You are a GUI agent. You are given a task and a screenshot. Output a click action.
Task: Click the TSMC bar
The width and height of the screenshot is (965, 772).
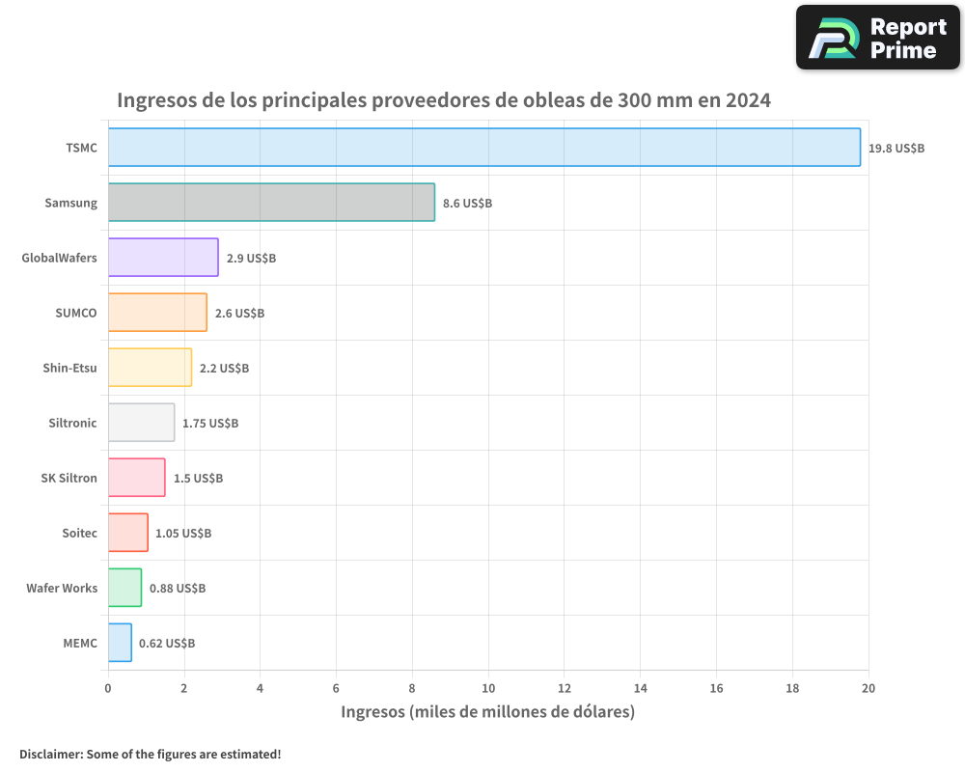click(483, 148)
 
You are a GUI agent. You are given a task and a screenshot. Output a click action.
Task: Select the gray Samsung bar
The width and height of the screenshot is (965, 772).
click(271, 203)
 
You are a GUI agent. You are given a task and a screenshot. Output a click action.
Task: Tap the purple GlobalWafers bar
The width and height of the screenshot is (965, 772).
click(163, 258)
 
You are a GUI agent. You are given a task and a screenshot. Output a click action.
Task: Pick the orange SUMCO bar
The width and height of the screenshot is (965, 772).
click(157, 313)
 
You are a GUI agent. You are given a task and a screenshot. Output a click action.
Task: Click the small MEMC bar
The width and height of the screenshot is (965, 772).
click(120, 643)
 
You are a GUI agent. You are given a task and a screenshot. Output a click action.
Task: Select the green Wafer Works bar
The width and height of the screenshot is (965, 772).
click(124, 588)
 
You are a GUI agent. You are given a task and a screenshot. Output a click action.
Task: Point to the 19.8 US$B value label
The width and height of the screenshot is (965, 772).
click(896, 149)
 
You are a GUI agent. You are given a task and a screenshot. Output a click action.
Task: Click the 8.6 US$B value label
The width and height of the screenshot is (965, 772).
click(467, 204)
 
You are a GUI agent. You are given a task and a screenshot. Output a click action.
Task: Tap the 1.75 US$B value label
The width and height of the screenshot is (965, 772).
click(210, 424)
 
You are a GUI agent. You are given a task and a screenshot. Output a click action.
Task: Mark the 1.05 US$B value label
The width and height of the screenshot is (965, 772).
click(183, 534)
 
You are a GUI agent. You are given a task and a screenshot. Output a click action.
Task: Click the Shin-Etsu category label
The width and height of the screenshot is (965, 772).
click(69, 368)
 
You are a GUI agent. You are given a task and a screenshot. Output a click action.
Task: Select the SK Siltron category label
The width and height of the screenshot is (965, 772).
click(69, 478)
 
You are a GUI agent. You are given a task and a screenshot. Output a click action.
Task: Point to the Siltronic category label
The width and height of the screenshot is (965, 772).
click(72, 423)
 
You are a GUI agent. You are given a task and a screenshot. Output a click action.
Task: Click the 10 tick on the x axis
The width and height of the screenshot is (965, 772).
click(488, 688)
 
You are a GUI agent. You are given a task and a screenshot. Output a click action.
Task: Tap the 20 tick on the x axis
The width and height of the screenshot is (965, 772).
click(868, 688)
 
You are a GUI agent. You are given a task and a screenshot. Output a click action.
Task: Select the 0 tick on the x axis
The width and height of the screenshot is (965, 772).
click(108, 688)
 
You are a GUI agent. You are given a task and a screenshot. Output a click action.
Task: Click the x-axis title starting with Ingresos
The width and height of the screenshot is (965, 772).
click(487, 712)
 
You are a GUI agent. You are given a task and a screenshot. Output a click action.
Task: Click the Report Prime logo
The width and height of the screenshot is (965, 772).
click(877, 38)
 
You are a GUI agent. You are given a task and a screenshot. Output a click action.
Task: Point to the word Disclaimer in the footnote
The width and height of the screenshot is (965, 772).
click(50, 755)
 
